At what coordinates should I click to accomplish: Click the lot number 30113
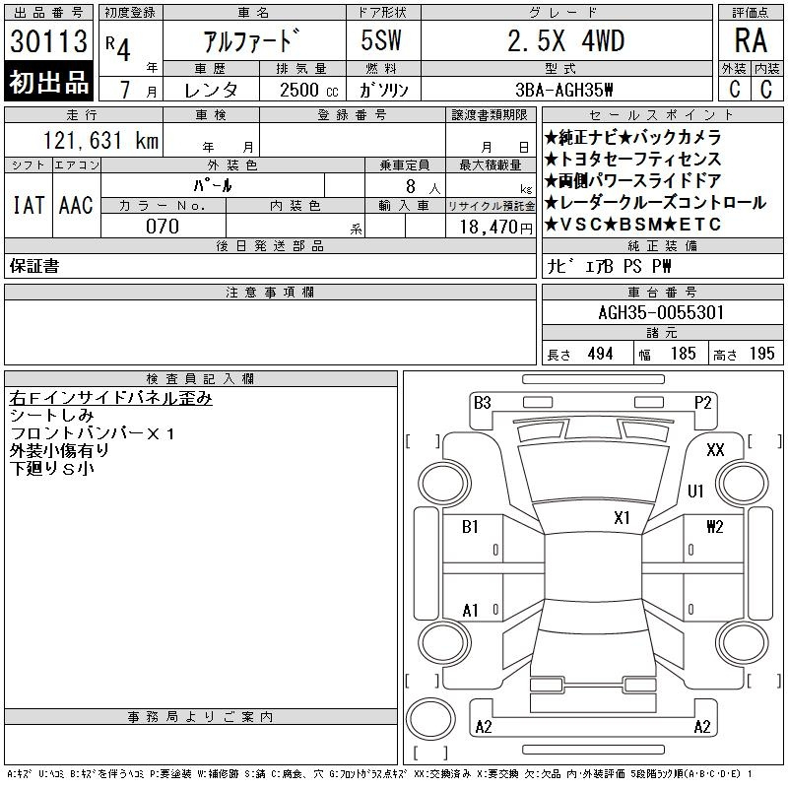pyautogui.click(x=48, y=41)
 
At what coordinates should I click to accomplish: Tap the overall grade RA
pyautogui.click(x=751, y=40)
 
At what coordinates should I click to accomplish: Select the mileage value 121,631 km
pyautogui.click(x=100, y=140)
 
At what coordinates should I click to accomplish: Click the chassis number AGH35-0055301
pyautogui.click(x=661, y=312)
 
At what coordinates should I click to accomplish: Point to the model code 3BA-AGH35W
pyautogui.click(x=563, y=90)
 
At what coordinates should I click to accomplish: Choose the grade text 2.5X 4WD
pyautogui.click(x=566, y=40)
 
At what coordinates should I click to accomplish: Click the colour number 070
pyautogui.click(x=163, y=227)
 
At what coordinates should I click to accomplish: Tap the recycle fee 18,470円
pyautogui.click(x=496, y=228)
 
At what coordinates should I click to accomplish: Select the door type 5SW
pyautogui.click(x=381, y=40)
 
